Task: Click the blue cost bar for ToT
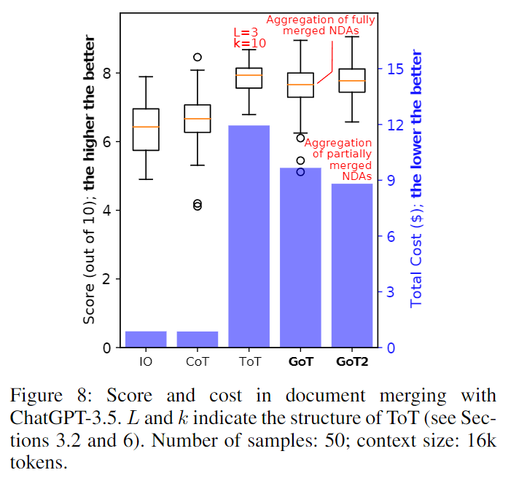(249, 236)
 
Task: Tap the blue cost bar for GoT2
(352, 265)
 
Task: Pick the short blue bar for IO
(146, 340)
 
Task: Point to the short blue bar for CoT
(197, 340)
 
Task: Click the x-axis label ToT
(249, 361)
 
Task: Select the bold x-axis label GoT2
(352, 361)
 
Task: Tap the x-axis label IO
(146, 361)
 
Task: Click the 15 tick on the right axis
(396, 69)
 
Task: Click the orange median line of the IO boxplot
(146, 127)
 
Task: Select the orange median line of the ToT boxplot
(249, 75)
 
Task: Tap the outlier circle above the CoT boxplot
(198, 57)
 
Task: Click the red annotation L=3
(246, 33)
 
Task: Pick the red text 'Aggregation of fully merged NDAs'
(321, 26)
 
